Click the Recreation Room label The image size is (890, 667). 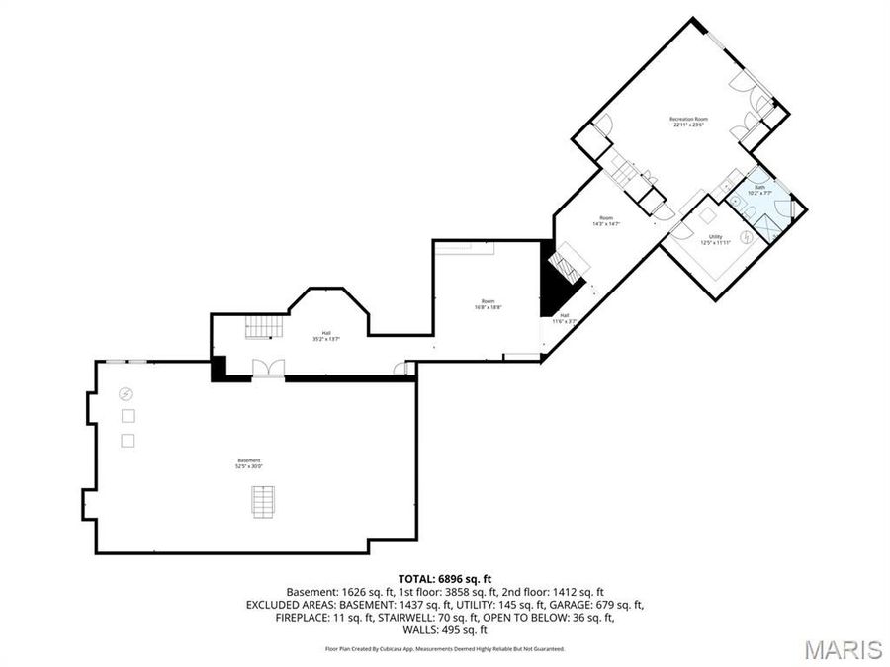tap(690, 122)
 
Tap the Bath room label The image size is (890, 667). tap(759, 190)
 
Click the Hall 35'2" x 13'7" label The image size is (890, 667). tap(325, 336)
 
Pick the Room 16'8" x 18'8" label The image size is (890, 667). tap(489, 304)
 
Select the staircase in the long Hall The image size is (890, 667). tap(264, 325)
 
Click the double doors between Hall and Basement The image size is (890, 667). tap(268, 369)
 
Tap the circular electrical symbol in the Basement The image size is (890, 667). tap(126, 393)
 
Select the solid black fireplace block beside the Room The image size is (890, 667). tap(547, 286)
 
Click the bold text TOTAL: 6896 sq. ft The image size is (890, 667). tap(445, 578)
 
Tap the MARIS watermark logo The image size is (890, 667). tap(843, 649)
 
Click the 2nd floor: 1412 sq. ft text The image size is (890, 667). tap(557, 591)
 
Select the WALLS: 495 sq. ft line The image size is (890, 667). tap(445, 629)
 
